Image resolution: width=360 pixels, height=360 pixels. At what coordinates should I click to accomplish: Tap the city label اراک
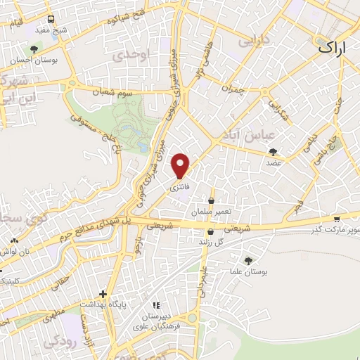[332, 48]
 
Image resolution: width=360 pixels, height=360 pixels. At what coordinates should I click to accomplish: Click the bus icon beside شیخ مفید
[51, 19]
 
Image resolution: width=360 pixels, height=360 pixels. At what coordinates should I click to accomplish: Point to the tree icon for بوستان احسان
[33, 49]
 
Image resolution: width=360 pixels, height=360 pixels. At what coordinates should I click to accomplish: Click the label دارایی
[254, 42]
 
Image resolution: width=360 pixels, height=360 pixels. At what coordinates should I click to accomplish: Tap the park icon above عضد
[274, 151]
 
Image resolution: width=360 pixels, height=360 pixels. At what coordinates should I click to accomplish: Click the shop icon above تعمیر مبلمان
[211, 201]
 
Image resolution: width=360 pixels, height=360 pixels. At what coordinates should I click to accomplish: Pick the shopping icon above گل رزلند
[211, 231]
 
